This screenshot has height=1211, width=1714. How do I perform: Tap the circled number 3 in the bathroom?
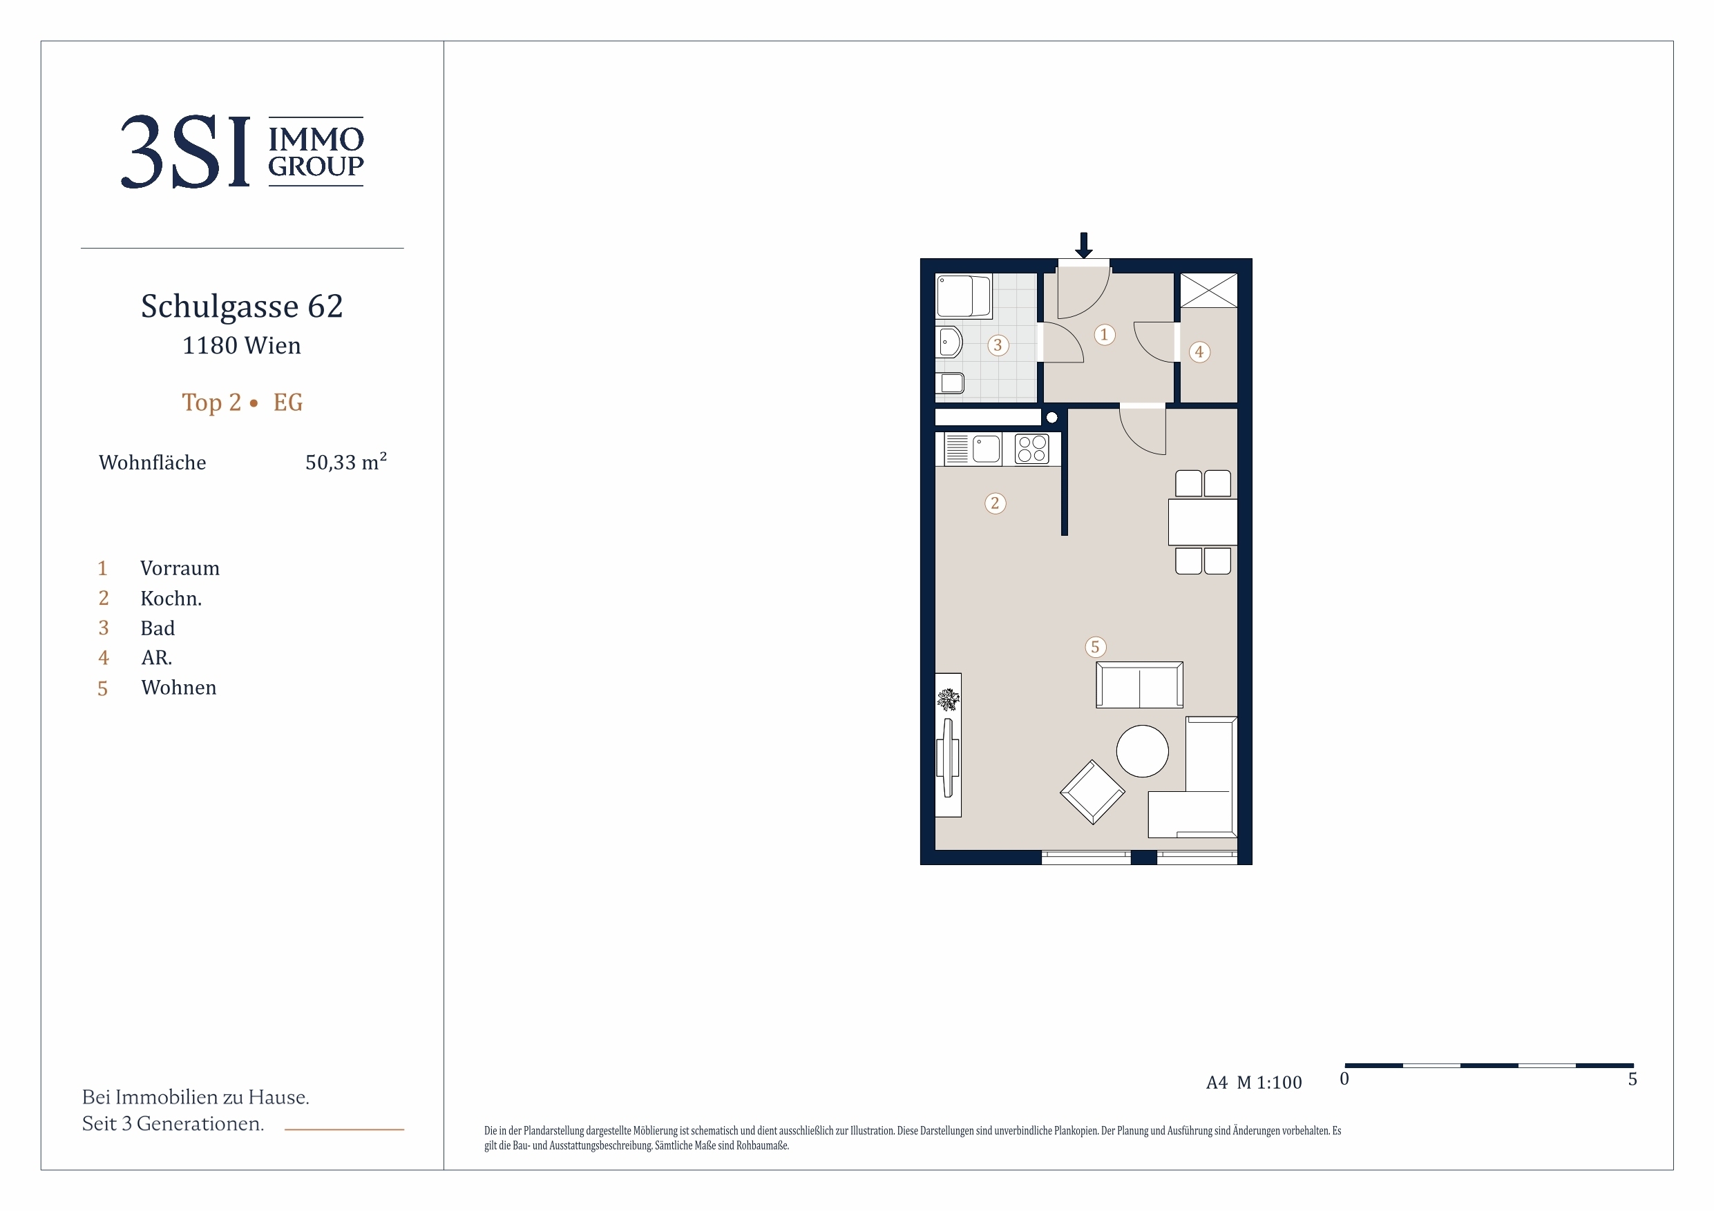[998, 345]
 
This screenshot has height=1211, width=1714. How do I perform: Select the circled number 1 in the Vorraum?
[1105, 335]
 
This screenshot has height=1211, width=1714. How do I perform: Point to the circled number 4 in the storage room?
[1199, 352]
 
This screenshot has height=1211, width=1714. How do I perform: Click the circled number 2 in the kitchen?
[995, 503]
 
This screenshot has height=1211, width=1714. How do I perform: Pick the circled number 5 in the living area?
[1096, 648]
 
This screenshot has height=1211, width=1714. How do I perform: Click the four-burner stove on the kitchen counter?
[1032, 450]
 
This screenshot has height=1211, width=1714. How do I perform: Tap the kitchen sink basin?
[986, 450]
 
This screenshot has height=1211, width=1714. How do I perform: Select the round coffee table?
[1142, 751]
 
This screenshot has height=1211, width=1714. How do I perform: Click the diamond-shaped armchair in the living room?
[1092, 793]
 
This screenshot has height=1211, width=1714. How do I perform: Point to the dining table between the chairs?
[1203, 523]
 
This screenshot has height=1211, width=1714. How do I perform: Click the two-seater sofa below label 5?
[1139, 685]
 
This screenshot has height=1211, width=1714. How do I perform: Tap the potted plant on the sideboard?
[948, 700]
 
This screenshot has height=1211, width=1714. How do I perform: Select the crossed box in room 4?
[1208, 290]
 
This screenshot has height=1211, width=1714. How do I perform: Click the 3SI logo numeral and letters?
[185, 151]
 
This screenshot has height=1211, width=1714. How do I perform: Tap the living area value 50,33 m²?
[345, 462]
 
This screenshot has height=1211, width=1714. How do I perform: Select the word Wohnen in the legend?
[178, 688]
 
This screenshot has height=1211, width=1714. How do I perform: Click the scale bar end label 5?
[1632, 1080]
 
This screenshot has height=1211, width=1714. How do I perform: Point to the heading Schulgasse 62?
[242, 307]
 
